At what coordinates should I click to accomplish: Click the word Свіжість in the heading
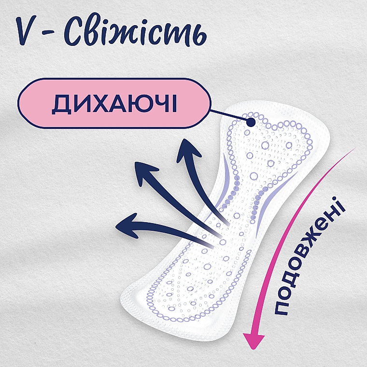[x=135, y=33]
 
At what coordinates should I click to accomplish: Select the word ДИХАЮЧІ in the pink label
[x=114, y=104]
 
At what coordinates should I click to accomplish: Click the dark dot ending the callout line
[x=251, y=122]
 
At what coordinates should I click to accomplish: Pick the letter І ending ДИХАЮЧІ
[x=174, y=104]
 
